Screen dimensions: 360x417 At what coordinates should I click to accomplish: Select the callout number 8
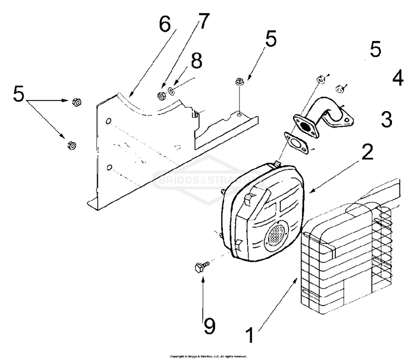point(196,61)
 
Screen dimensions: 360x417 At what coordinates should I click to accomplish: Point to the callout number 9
point(209,326)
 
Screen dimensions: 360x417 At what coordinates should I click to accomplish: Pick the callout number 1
point(250,336)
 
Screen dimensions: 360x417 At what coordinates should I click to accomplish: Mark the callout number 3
point(386,118)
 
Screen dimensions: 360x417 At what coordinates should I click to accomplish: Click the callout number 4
point(397,78)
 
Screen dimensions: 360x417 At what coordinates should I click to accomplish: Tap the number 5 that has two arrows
point(19,95)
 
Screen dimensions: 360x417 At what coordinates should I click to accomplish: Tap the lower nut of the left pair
point(71,145)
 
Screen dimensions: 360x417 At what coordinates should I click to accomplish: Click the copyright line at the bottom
point(208,356)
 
